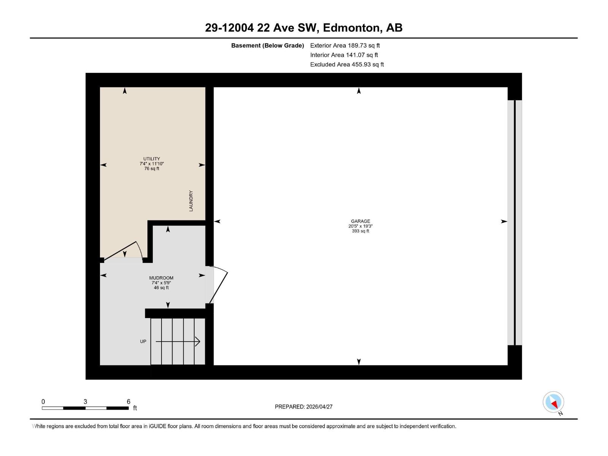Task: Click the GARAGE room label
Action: (360, 221)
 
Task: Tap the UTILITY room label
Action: (152, 159)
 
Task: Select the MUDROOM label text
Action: (161, 278)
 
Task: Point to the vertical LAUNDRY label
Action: (191, 201)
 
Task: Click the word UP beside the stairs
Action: (143, 341)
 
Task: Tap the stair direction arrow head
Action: (198, 341)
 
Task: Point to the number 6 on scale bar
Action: (128, 402)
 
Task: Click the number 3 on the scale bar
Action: (85, 402)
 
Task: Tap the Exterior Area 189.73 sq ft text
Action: (345, 45)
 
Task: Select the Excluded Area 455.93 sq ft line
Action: (347, 64)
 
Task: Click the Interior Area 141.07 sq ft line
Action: (344, 55)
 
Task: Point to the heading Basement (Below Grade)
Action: (268, 46)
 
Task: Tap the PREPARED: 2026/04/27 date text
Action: (304, 407)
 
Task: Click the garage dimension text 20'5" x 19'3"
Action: (360, 226)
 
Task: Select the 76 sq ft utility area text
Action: (152, 169)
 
